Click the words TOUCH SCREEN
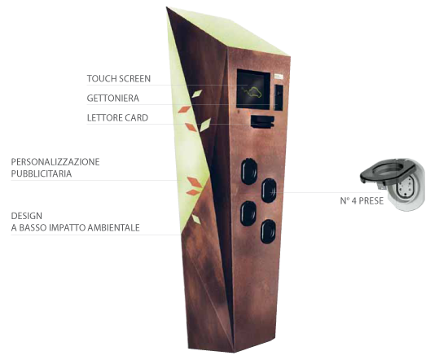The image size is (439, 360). click(x=119, y=79)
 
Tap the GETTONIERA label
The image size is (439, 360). click(x=113, y=99)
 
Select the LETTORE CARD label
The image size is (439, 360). click(x=117, y=118)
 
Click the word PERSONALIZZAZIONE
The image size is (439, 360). click(x=55, y=162)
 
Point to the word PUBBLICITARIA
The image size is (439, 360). click(x=42, y=173)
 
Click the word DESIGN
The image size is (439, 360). click(x=27, y=216)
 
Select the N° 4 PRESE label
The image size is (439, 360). click(x=362, y=200)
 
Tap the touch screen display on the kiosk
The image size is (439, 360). click(x=253, y=90)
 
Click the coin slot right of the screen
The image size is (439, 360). click(x=279, y=97)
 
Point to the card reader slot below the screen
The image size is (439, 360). click(x=262, y=121)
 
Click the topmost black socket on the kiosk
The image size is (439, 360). click(x=249, y=171)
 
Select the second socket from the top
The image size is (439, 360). click(x=269, y=191)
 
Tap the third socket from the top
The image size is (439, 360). click(x=248, y=213)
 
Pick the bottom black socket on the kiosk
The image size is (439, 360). click(x=268, y=231)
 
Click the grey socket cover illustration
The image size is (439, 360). click(x=393, y=183)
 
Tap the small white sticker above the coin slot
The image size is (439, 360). click(x=279, y=76)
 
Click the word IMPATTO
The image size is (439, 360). click(x=68, y=227)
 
